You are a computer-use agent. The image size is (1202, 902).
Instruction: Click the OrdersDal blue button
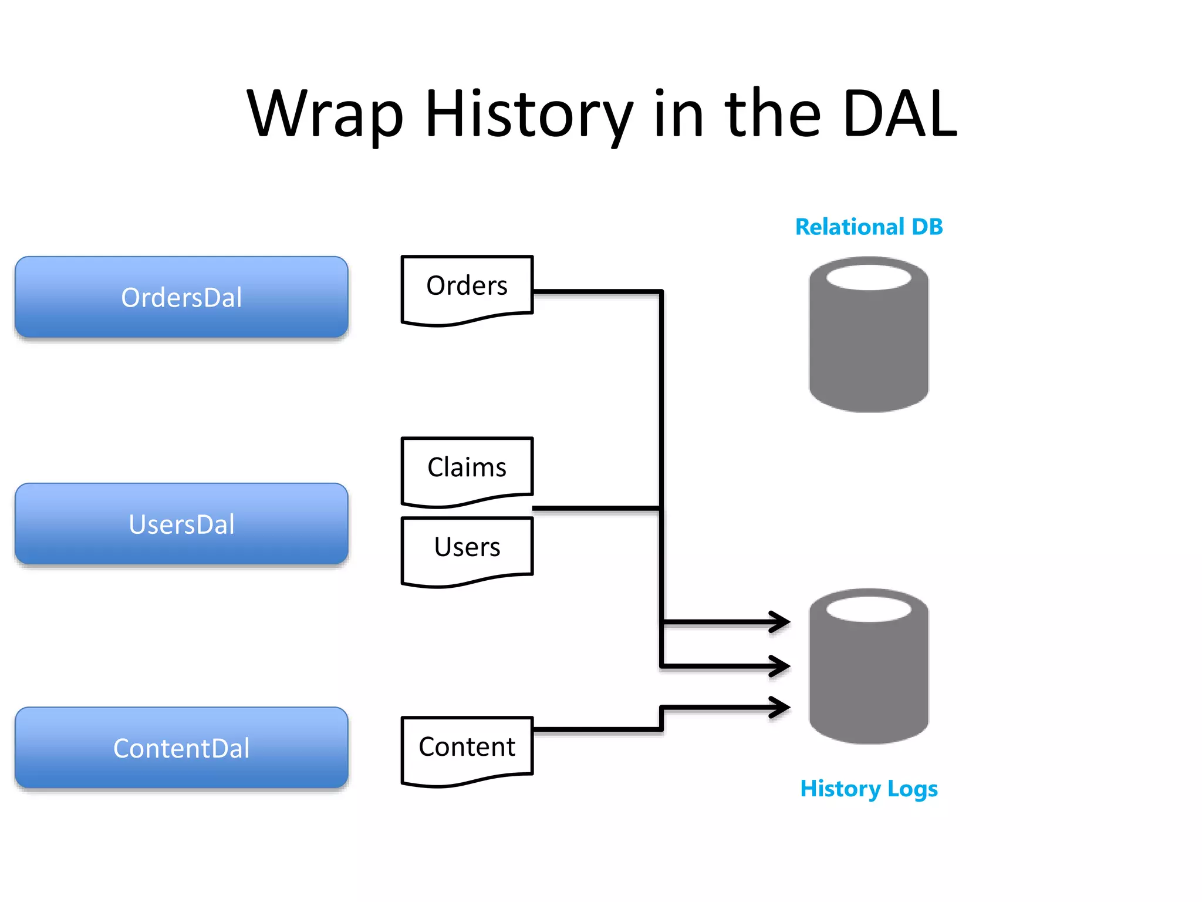(181, 297)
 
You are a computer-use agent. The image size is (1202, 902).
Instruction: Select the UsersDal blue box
(181, 524)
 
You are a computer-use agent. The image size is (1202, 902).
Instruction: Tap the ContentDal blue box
(181, 748)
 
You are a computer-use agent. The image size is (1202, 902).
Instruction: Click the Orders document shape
(467, 288)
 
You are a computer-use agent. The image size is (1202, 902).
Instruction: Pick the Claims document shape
(467, 469)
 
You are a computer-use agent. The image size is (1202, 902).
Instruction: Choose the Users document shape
(467, 548)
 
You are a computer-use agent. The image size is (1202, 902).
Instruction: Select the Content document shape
(467, 748)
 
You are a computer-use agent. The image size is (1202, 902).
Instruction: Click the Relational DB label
(869, 227)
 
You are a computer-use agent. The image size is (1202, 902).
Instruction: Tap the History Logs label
(869, 788)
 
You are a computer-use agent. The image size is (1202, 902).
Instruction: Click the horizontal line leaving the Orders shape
(596, 291)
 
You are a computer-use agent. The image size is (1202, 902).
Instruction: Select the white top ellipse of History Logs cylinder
(869, 609)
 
